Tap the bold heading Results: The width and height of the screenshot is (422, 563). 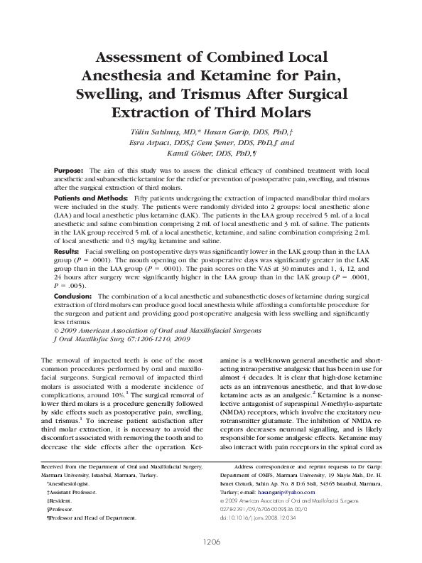click(x=67, y=252)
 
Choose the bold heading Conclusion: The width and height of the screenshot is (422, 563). click(x=74, y=295)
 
